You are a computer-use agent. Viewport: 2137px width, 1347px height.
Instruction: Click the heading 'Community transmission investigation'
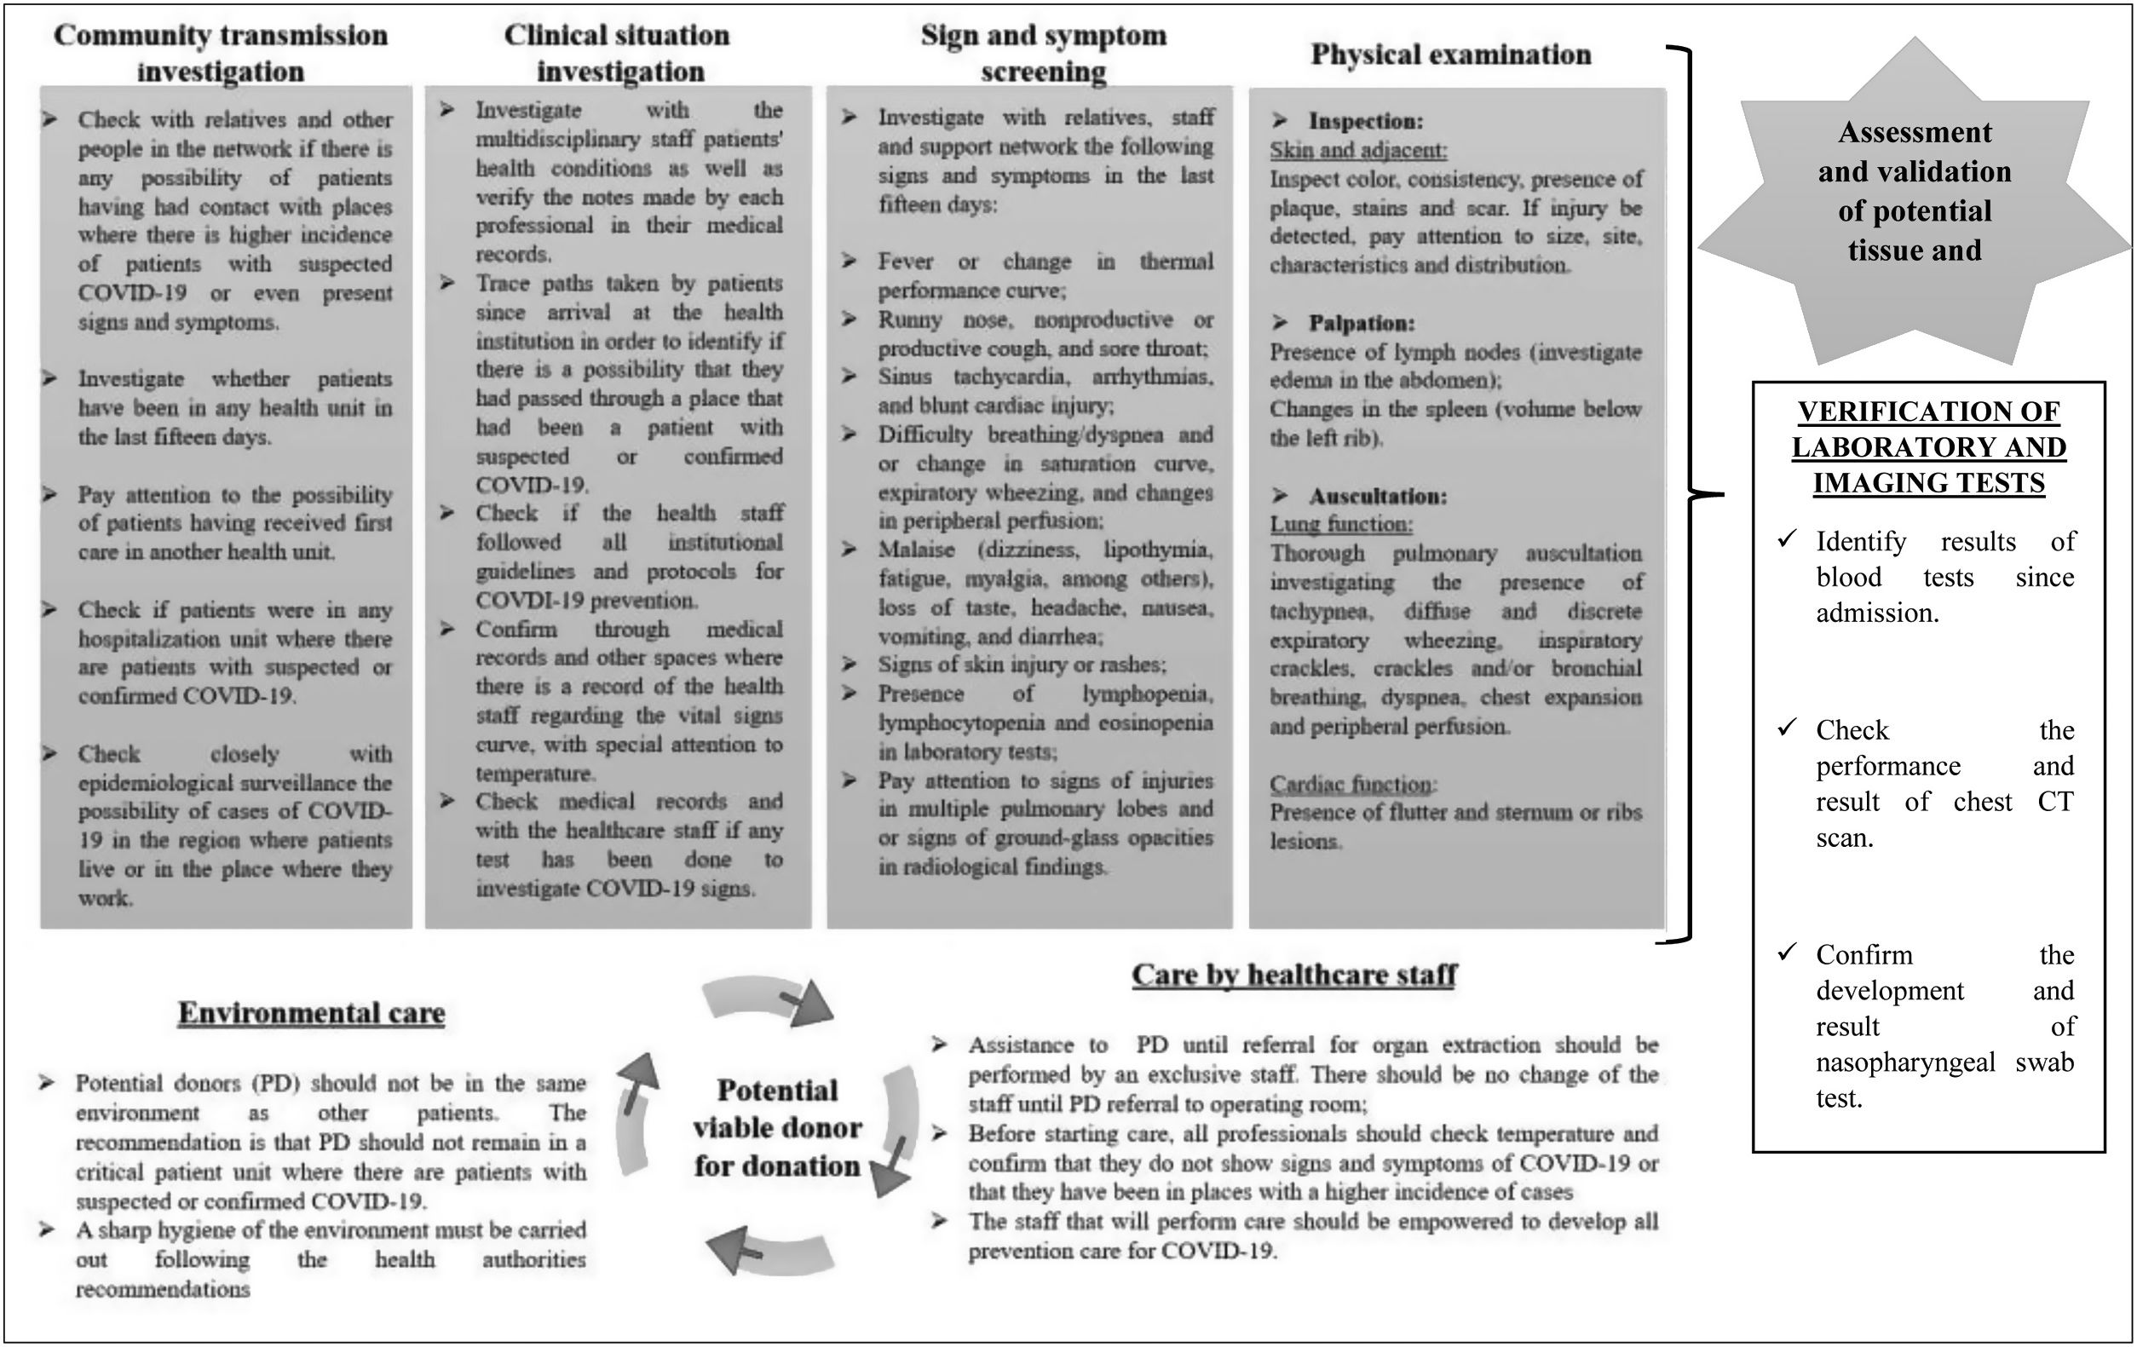click(220, 53)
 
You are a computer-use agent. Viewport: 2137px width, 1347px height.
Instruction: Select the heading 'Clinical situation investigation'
click(618, 53)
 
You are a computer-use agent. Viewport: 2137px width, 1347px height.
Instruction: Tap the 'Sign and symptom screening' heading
click(1043, 53)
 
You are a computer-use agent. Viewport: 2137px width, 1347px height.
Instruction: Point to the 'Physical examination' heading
click(1451, 55)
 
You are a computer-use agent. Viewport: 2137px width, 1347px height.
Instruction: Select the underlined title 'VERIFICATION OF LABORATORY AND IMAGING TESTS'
click(1928, 447)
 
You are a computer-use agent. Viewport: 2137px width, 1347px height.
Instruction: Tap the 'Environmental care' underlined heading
click(312, 1013)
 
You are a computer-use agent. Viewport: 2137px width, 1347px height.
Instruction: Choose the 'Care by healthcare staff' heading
click(1295, 976)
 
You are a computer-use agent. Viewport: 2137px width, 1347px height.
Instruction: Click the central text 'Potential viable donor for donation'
click(777, 1128)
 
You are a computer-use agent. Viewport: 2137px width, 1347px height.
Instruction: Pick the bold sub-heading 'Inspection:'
click(1365, 122)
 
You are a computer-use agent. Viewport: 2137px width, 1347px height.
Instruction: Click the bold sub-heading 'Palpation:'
click(1362, 323)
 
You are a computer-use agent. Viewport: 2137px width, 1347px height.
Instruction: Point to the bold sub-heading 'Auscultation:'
click(1377, 496)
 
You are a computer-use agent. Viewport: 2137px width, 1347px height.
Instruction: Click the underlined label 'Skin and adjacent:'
click(1358, 150)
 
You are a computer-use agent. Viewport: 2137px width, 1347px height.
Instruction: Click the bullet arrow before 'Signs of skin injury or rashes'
click(850, 665)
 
